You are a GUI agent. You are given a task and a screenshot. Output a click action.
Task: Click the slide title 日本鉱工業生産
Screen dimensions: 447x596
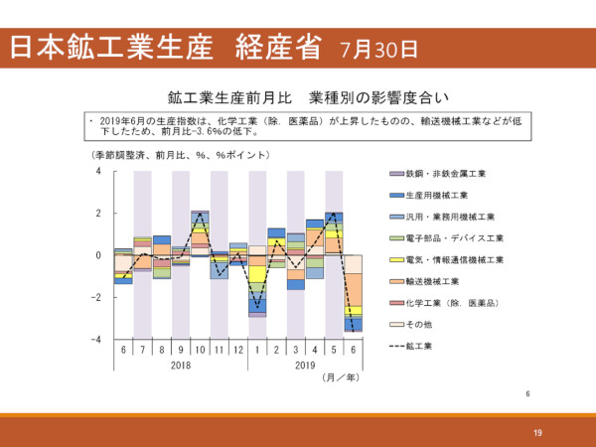pos(119,46)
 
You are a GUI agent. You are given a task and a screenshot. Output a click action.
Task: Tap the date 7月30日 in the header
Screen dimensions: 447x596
pos(378,48)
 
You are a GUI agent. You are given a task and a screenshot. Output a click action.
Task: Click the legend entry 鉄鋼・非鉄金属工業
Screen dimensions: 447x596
pos(446,174)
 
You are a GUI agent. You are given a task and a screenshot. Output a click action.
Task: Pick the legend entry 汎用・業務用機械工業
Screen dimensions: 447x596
pos(450,217)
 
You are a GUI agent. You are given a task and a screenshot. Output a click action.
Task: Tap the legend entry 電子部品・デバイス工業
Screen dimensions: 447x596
pos(455,238)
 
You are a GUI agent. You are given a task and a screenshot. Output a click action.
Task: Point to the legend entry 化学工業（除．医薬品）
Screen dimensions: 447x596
pos(451,303)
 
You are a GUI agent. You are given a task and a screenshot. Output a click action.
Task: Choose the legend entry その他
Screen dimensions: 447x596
pos(422,325)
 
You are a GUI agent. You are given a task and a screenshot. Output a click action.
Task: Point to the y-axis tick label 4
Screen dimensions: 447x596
pos(99,171)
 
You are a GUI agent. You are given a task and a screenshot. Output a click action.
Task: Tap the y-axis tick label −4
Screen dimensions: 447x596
pos(97,340)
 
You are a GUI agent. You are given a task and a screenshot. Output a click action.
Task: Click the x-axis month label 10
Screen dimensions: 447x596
pos(201,351)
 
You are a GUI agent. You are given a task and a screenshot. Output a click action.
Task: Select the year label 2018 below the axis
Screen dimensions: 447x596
pos(181,366)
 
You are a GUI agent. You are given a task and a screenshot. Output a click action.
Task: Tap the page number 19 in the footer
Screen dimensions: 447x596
pos(537,431)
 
